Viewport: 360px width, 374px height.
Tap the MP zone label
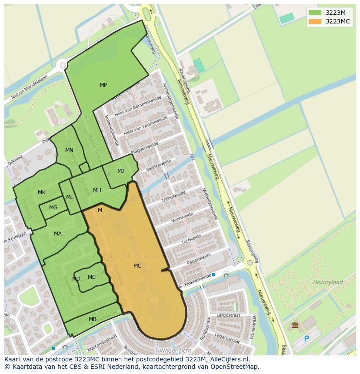click(x=103, y=85)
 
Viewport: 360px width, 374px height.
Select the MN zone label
click(x=69, y=150)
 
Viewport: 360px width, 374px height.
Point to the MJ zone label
click(x=120, y=171)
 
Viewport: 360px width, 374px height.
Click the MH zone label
click(x=97, y=190)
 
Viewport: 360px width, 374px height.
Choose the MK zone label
click(x=42, y=192)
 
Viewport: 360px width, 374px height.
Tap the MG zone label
click(x=53, y=208)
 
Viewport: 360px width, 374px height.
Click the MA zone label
click(x=58, y=234)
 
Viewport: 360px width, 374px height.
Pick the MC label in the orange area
click(x=137, y=266)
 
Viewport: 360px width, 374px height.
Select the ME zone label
click(x=92, y=277)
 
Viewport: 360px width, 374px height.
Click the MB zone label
click(x=93, y=319)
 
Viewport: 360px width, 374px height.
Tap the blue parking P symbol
click(x=307, y=338)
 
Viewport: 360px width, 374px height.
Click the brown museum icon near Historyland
click(x=295, y=325)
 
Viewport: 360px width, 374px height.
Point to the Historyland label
click(x=328, y=282)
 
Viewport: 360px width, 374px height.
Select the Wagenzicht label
click(x=175, y=350)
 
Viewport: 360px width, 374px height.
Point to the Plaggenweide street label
click(x=141, y=148)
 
